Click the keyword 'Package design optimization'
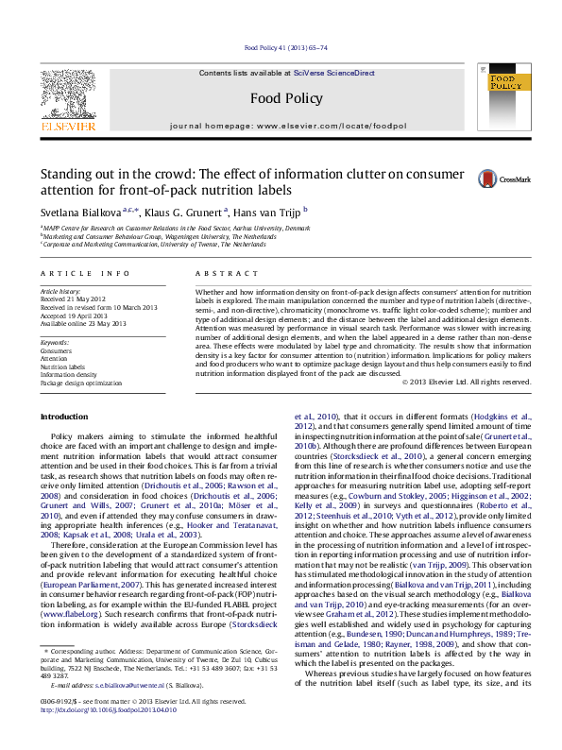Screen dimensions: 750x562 pyautogui.click(x=80, y=384)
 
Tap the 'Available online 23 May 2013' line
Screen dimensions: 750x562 pyautogui.click(x=82, y=323)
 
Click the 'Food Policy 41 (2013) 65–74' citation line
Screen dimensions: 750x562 pyautogui.click(x=284, y=47)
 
